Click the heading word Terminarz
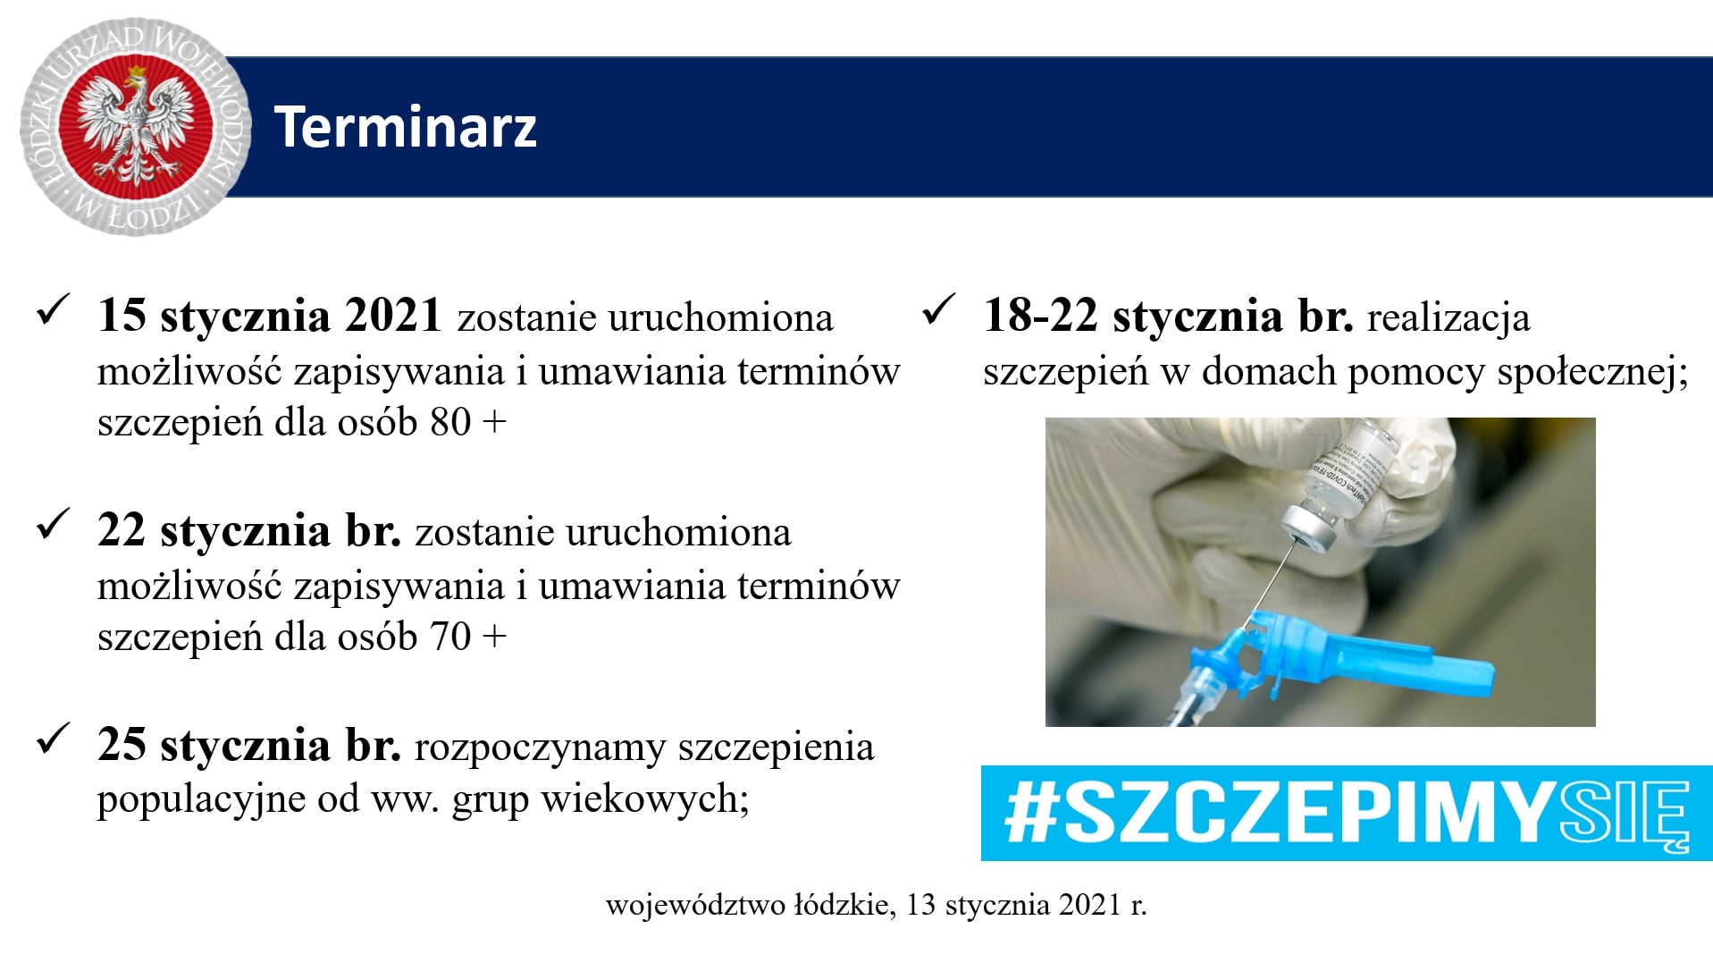tap(405, 126)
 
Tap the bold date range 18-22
tap(1040, 316)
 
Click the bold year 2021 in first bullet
tap(394, 316)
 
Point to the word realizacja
tap(1448, 318)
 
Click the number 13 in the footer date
tap(921, 905)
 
